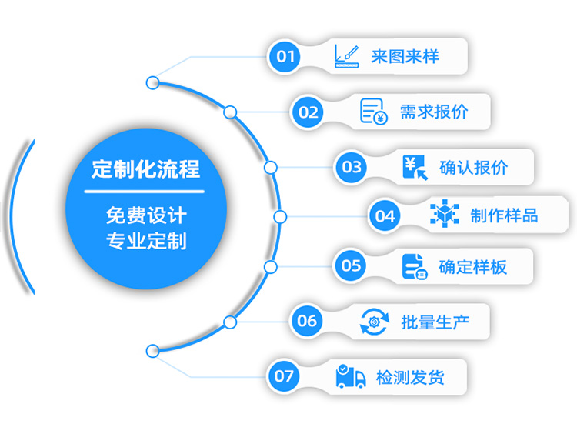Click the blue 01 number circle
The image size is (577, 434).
click(285, 56)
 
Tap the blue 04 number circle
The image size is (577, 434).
click(385, 216)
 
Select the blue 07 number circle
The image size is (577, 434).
click(284, 376)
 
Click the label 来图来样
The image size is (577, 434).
click(405, 56)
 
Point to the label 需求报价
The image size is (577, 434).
click(434, 112)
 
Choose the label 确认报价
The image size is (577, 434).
click(473, 167)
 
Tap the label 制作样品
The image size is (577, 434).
click(504, 216)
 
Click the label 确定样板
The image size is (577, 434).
click(472, 266)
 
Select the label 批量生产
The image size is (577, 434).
click(435, 321)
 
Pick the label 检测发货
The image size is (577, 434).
click(410, 377)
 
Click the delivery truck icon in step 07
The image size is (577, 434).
click(351, 376)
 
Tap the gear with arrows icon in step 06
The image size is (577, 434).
click(375, 321)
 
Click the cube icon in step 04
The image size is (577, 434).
click(444, 215)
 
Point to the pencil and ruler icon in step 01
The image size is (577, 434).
click(347, 55)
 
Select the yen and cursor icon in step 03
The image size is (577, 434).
click(415, 167)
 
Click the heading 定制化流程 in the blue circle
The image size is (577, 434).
click(145, 169)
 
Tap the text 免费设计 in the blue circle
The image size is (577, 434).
click(145, 215)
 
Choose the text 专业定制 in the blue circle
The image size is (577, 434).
click(145, 241)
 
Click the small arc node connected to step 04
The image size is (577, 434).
click(280, 217)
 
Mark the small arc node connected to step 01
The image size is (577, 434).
click(152, 82)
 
